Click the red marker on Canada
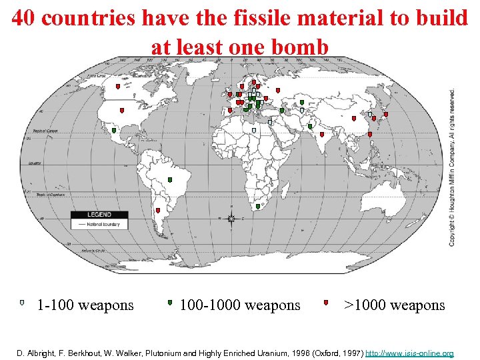(x=118, y=86)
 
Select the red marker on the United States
(x=122, y=110)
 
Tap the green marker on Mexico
(x=114, y=131)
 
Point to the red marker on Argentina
(x=158, y=211)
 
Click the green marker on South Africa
(x=258, y=207)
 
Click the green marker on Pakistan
(x=310, y=126)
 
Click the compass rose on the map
(x=231, y=219)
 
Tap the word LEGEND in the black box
(x=99, y=215)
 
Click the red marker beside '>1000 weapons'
(x=326, y=303)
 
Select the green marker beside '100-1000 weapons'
(x=171, y=303)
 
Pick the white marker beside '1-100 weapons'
(x=22, y=303)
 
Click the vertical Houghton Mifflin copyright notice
(x=453, y=167)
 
